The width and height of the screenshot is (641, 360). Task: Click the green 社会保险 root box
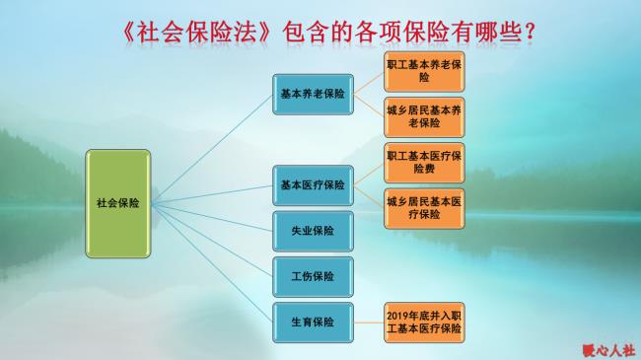[x=117, y=203]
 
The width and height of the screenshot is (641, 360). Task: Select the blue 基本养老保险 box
[x=312, y=95]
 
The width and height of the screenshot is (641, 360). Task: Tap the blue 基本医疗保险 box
[x=312, y=184]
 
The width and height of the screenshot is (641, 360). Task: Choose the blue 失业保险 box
[x=312, y=231]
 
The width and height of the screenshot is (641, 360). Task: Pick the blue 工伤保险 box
[x=312, y=276]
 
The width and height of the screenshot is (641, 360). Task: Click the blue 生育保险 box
[x=312, y=322]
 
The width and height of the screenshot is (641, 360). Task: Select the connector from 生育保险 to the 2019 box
[x=368, y=322]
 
